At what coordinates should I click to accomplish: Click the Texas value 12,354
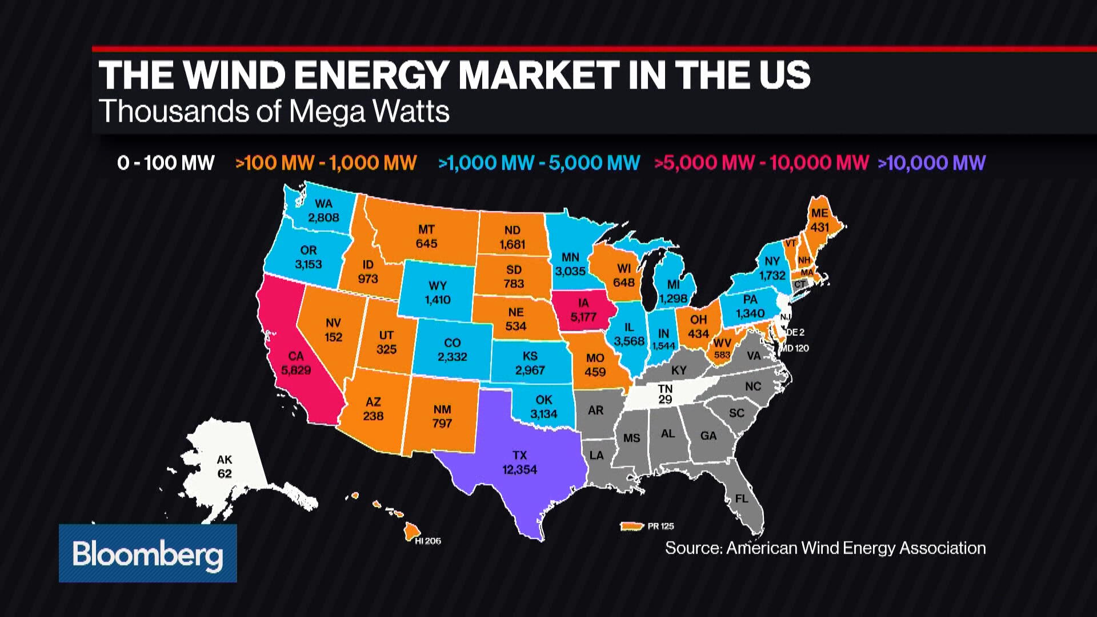pos(519,470)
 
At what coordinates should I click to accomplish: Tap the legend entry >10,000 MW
pos(931,163)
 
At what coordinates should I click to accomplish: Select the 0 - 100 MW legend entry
pos(166,163)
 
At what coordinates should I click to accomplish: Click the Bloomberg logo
pos(147,553)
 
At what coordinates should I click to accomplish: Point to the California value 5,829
pos(296,370)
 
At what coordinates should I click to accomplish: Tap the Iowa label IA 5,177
pos(583,310)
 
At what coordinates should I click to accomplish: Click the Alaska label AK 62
pos(225,466)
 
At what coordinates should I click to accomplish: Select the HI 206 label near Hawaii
pos(428,541)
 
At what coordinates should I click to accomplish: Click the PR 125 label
pos(660,526)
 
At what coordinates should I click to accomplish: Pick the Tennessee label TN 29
pos(665,394)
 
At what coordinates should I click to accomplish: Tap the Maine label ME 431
pos(819,220)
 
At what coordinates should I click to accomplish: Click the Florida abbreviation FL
pos(742,499)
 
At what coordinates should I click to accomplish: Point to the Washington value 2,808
pos(323,218)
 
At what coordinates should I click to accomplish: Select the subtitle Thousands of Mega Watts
pos(274,111)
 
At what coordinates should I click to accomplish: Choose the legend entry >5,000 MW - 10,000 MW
pos(762,163)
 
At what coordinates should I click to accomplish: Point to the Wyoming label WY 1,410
pos(438,293)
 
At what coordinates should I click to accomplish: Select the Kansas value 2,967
pos(530,370)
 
